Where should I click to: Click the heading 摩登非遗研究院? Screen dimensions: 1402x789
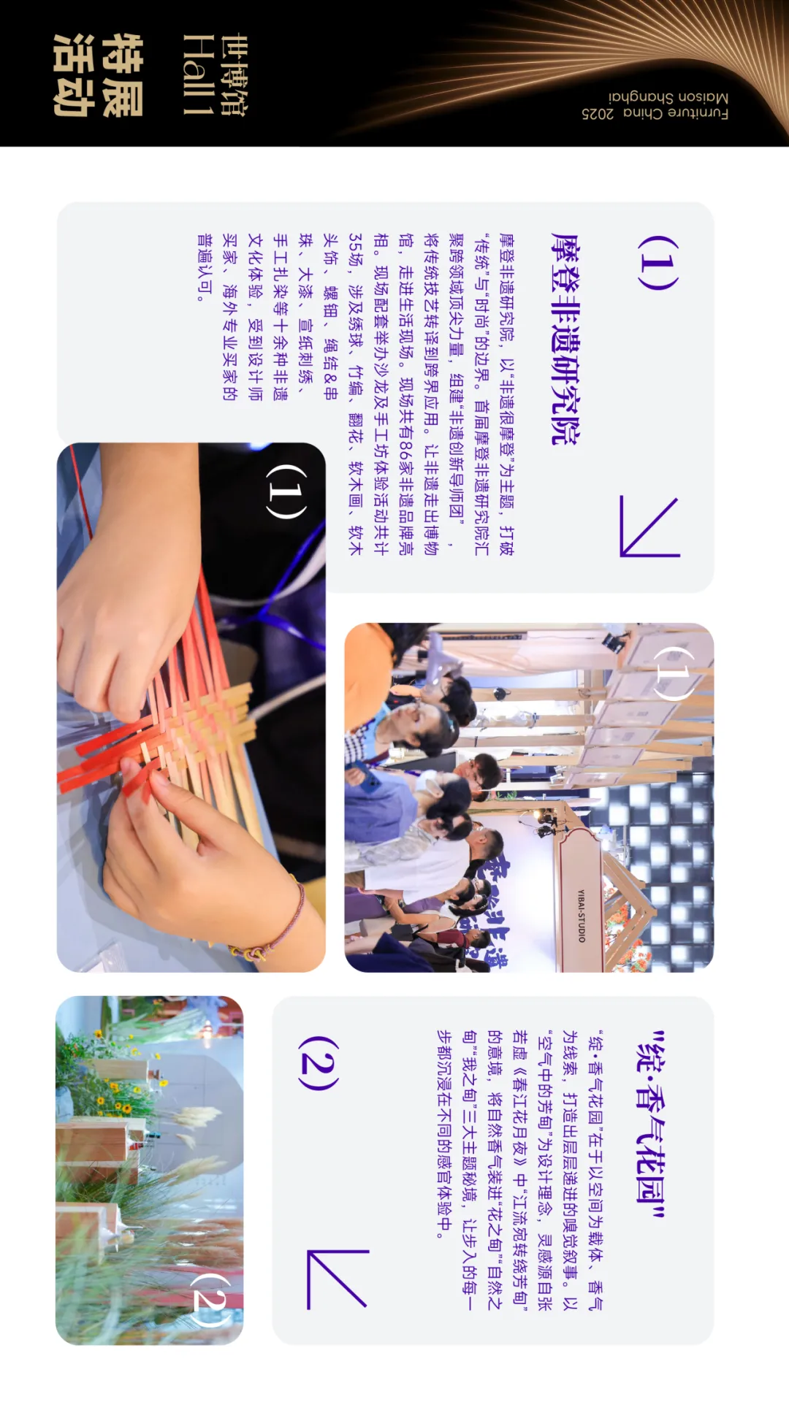565,339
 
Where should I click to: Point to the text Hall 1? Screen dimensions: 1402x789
198,75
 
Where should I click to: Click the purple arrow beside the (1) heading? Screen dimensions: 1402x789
649,526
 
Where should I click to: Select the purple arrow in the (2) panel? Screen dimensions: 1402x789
337,1278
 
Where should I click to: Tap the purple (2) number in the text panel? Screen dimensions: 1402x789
318,1062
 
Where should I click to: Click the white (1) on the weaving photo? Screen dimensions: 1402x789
286,491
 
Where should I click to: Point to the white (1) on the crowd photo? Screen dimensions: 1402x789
673,673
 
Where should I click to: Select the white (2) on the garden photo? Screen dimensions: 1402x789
211,1300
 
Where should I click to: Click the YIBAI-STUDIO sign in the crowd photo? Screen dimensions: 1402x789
582,916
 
